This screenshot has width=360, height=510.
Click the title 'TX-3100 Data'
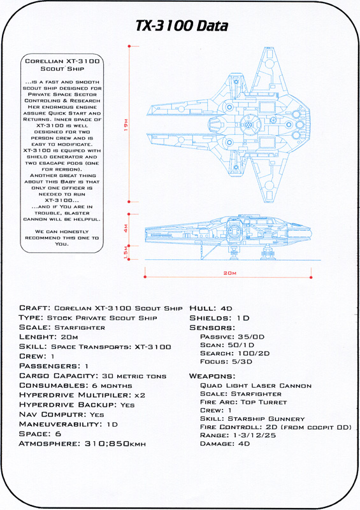[x=182, y=26]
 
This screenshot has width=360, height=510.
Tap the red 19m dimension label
[x=126, y=125]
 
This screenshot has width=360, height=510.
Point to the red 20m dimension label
[x=230, y=273]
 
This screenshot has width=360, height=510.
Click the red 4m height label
[x=126, y=229]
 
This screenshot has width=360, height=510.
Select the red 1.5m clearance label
[x=126, y=253]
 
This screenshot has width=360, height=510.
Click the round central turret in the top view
[x=248, y=124]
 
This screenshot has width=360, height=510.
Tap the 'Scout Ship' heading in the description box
[x=62, y=69]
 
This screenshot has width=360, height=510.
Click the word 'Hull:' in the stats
[x=203, y=308]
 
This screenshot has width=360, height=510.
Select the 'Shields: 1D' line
[x=219, y=318]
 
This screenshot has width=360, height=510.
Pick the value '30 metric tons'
[x=134, y=376]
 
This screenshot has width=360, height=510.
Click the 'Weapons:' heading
[x=212, y=376]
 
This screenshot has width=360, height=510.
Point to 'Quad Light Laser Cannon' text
[x=256, y=386]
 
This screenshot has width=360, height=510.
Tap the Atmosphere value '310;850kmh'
[x=115, y=444]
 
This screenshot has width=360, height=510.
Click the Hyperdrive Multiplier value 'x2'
[x=140, y=395]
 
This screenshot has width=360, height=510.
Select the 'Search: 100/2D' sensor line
[x=235, y=353]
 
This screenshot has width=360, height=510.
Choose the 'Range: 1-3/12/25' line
[x=238, y=436]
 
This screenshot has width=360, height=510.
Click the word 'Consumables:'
[x=54, y=385]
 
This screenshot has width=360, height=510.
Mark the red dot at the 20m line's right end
[x=311, y=277]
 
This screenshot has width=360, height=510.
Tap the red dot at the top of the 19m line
[x=129, y=46]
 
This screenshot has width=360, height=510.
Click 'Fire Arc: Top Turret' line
[x=243, y=402]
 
